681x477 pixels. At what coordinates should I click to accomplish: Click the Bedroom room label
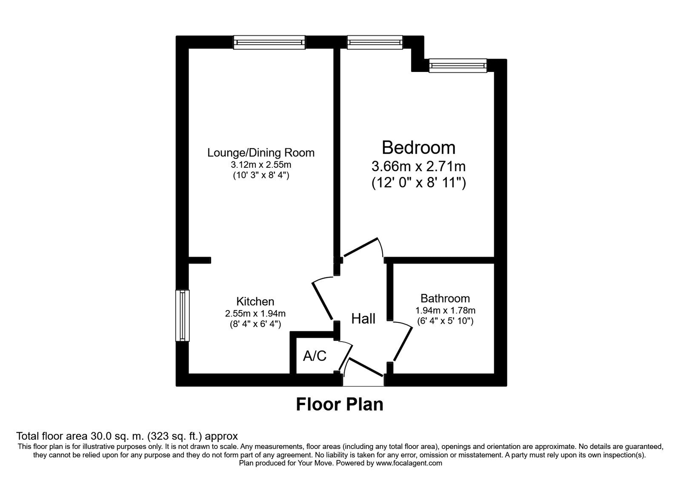click(418, 147)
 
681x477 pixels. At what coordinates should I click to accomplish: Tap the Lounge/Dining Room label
click(260, 152)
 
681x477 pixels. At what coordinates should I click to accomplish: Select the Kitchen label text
click(255, 302)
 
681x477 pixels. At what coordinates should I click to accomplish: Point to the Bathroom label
click(445, 298)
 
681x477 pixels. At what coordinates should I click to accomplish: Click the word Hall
click(363, 319)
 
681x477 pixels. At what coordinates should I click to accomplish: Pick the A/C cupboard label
click(315, 356)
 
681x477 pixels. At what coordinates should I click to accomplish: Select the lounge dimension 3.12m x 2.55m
click(260, 164)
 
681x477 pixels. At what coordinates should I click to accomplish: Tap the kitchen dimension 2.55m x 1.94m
click(255, 313)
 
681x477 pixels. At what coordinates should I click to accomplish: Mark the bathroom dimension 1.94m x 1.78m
click(445, 310)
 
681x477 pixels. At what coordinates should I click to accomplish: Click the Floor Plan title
click(340, 404)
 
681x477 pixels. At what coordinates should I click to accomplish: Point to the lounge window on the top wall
click(269, 42)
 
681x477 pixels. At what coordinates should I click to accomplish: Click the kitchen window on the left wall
click(183, 316)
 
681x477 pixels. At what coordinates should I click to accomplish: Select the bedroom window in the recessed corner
click(458, 65)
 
